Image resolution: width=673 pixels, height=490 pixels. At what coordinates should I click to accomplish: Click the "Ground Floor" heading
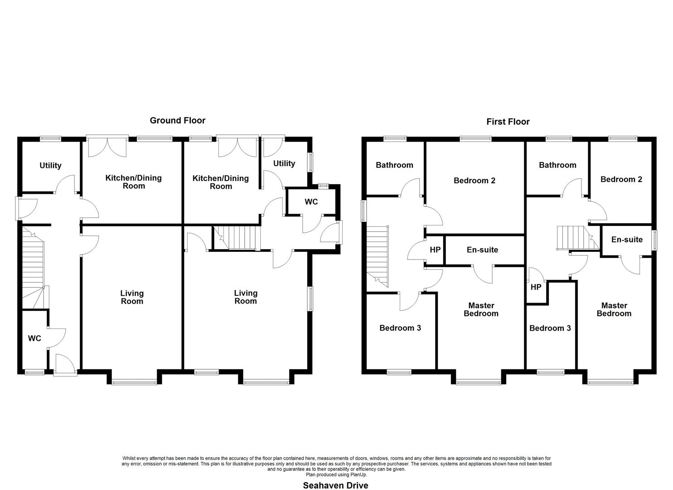pos(177,121)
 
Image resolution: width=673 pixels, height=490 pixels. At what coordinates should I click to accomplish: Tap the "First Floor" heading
pos(508,122)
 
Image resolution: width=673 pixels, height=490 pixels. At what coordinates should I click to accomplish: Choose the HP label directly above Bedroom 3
pos(536,287)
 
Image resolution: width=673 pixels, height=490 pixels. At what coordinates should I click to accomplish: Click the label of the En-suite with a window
pos(627,240)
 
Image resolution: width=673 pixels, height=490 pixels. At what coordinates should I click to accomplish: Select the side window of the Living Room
pos(310,299)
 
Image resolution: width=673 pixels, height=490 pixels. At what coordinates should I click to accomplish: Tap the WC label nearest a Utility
pos(311,202)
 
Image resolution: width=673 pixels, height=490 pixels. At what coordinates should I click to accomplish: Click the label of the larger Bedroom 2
pos(474,181)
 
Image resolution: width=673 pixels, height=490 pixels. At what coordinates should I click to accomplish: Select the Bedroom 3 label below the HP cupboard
pos(550,328)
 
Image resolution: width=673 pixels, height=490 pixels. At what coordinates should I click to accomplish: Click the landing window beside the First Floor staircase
pos(363,211)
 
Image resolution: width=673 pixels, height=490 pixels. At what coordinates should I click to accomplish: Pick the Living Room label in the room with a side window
pos(246,297)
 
